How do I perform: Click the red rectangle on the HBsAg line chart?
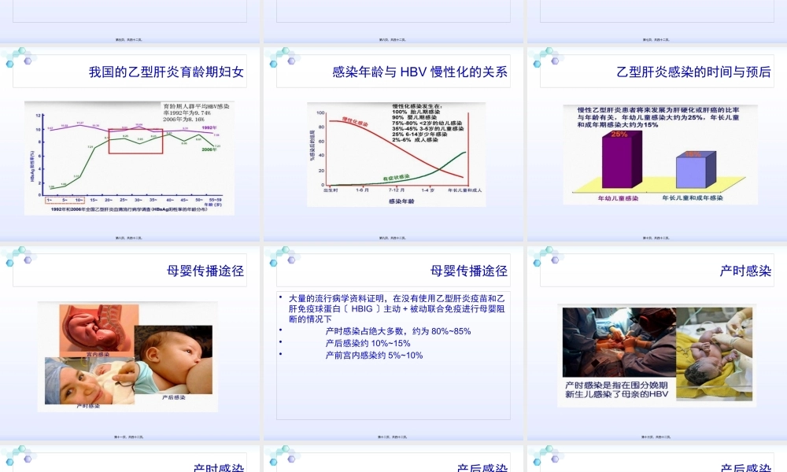pyautogui.click(x=135, y=141)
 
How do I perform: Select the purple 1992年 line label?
pyautogui.click(x=209, y=127)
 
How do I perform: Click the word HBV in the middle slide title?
pyautogui.click(x=412, y=72)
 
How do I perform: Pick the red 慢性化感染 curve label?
pyautogui.click(x=356, y=122)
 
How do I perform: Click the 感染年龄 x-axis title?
pyautogui.click(x=401, y=202)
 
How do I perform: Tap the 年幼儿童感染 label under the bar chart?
pyautogui.click(x=619, y=198)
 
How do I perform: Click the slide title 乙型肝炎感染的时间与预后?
pyautogui.click(x=693, y=72)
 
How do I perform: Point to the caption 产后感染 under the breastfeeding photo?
pyautogui.click(x=173, y=397)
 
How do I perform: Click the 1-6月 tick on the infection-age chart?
pyautogui.click(x=363, y=190)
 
